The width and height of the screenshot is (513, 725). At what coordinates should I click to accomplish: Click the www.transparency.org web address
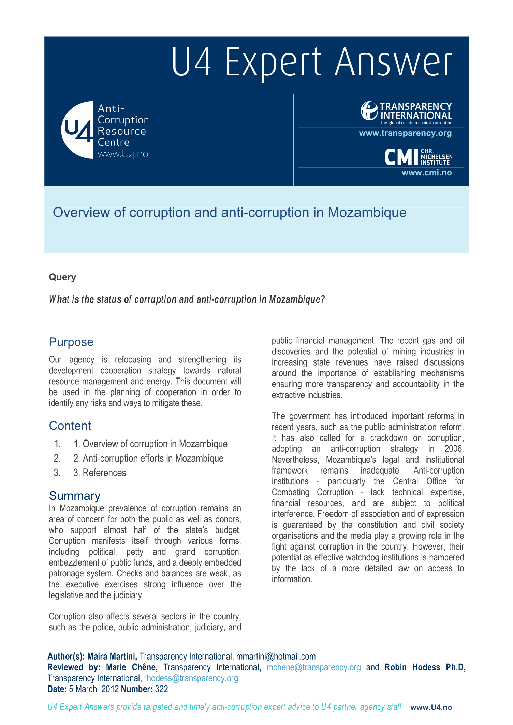(405, 133)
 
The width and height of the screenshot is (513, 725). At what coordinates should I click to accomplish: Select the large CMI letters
(401, 157)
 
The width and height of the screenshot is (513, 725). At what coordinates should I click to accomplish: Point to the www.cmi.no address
(426, 173)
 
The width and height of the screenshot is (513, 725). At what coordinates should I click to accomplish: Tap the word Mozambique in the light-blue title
(367, 213)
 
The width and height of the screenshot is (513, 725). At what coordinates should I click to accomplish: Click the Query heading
(62, 277)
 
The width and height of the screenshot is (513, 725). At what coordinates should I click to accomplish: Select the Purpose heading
(71, 342)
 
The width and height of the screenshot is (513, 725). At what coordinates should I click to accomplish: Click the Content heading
(70, 426)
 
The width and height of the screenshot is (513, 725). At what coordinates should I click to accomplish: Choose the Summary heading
(74, 496)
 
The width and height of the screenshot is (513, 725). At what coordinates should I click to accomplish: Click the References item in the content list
(104, 473)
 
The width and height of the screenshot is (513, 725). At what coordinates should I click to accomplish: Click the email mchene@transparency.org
(313, 667)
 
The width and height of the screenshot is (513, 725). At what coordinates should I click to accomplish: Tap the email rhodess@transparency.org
(191, 678)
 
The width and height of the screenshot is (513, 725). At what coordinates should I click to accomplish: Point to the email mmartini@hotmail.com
(276, 657)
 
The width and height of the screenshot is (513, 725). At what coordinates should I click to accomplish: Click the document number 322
(161, 689)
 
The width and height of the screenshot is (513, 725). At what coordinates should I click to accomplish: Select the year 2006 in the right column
(454, 449)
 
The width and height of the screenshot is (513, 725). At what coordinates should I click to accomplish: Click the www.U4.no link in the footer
(431, 707)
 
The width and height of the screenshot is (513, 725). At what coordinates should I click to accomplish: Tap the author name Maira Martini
(112, 657)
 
